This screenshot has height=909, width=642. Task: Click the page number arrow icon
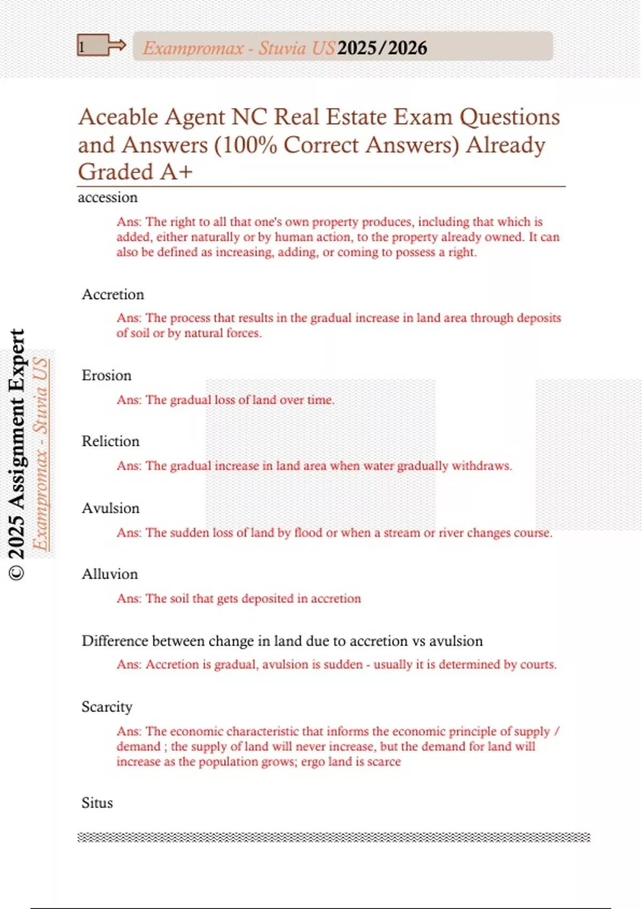pyautogui.click(x=102, y=45)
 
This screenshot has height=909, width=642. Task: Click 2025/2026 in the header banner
pyautogui.click(x=382, y=48)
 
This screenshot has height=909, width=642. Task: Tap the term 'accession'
pyautogui.click(x=108, y=197)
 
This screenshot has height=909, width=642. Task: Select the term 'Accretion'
pyautogui.click(x=113, y=294)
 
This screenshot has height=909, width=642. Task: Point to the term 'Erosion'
pyautogui.click(x=106, y=375)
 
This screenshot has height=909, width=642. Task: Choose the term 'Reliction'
pyautogui.click(x=110, y=441)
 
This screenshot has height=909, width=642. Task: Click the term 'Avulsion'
pyautogui.click(x=110, y=508)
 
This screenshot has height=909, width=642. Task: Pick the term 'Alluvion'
pyautogui.click(x=110, y=574)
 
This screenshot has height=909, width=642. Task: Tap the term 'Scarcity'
pyautogui.click(x=106, y=707)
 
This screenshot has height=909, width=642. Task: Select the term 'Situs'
pyautogui.click(x=97, y=803)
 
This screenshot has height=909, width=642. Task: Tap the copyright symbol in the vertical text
pyautogui.click(x=17, y=573)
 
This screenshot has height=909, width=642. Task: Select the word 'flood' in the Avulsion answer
pyautogui.click(x=308, y=533)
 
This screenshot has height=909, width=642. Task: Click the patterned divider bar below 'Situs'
pyautogui.click(x=334, y=837)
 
